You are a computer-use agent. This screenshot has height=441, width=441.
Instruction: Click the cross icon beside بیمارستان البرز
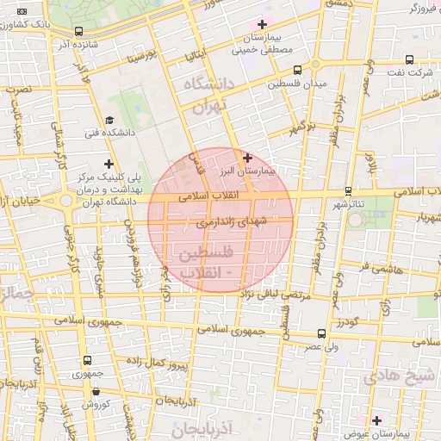click(x=248, y=158)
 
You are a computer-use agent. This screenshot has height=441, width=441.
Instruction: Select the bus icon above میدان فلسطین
click(x=297, y=70)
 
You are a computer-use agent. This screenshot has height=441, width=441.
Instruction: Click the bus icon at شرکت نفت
click(x=408, y=59)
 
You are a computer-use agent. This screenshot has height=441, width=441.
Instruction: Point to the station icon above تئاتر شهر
click(x=348, y=190)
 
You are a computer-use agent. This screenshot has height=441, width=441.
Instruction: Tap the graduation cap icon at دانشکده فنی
click(x=109, y=121)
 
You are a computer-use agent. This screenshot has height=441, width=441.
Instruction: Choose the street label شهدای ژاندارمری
click(x=232, y=221)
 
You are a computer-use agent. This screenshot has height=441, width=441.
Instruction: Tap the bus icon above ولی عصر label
click(x=320, y=332)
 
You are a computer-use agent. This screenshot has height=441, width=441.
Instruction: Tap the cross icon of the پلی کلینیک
click(x=109, y=164)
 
